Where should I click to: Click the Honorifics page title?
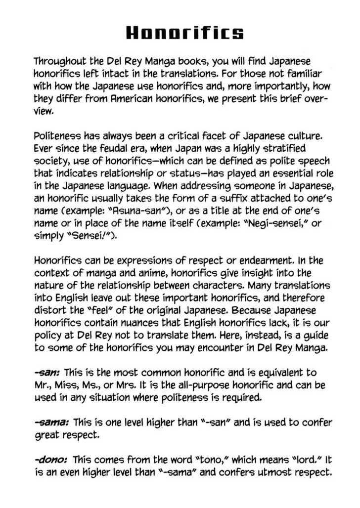coord(185,33)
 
